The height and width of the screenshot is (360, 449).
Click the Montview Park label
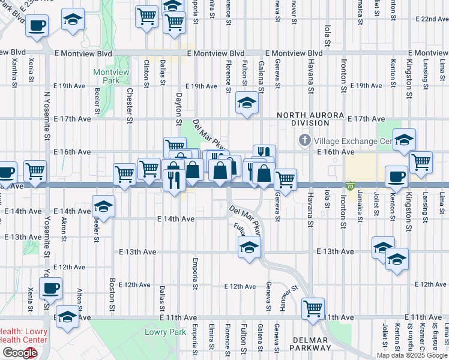(x=111, y=76)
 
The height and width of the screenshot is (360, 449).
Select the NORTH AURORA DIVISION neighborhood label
(x=310, y=119)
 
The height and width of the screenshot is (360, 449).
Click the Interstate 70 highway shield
(x=350, y=187)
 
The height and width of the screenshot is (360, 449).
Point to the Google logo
(x=19, y=353)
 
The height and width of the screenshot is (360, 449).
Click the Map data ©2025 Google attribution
(x=412, y=355)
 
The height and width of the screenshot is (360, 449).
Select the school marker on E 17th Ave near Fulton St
(x=246, y=103)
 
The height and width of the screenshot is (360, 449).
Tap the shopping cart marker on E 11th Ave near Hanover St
(x=313, y=308)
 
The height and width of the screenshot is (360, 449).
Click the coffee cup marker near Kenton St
(x=396, y=176)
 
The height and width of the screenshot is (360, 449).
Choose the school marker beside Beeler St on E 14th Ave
(x=103, y=206)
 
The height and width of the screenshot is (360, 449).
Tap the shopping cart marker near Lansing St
(x=421, y=161)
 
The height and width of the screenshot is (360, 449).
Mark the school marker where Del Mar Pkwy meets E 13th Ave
(x=249, y=247)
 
